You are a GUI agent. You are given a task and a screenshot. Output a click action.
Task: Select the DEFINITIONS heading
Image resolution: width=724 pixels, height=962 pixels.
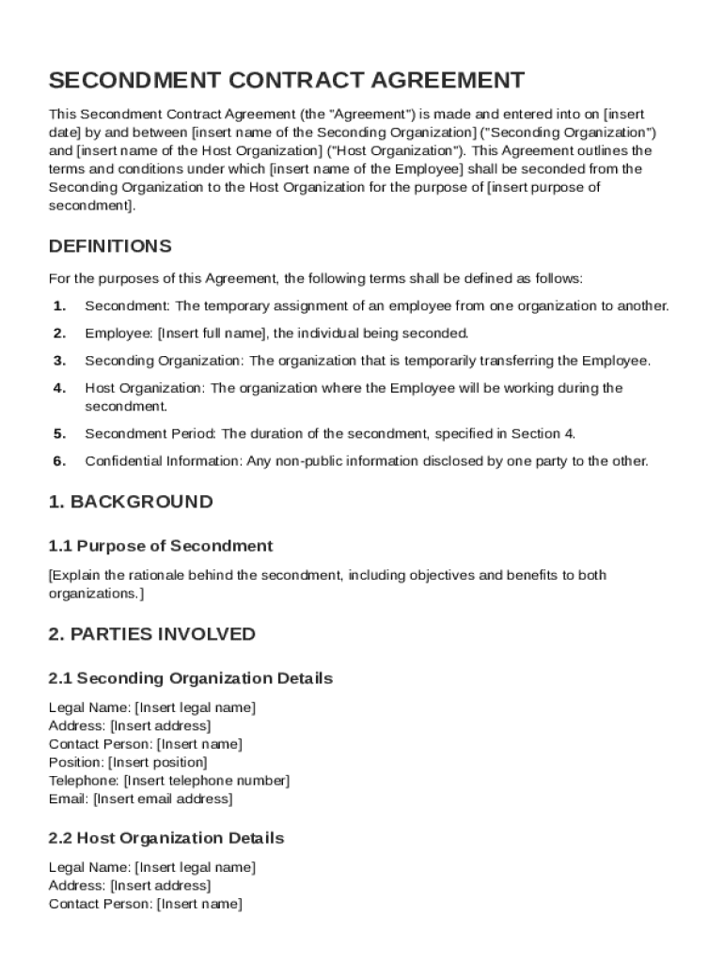click(110, 247)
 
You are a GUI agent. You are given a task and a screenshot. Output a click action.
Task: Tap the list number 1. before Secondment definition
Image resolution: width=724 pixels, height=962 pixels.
click(59, 306)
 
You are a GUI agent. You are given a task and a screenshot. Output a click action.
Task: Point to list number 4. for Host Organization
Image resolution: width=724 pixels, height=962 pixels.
click(59, 388)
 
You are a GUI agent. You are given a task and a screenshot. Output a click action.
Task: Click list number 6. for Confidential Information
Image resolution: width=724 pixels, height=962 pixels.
click(59, 461)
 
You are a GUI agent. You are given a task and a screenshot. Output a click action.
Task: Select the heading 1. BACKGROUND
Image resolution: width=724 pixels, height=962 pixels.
click(131, 502)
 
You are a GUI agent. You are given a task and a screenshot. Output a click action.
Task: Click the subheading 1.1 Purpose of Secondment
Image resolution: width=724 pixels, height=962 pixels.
click(161, 546)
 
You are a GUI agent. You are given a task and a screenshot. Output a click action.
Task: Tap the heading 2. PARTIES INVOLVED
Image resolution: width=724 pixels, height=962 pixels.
click(151, 634)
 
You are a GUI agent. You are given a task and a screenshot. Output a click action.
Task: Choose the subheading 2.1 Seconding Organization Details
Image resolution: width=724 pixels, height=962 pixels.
click(190, 678)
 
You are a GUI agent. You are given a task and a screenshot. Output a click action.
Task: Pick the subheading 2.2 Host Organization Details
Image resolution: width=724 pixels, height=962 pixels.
click(165, 838)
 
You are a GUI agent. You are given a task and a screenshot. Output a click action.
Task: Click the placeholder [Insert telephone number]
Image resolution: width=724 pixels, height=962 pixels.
click(207, 781)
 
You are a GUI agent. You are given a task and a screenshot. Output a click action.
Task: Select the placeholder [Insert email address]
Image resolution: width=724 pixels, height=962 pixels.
click(163, 799)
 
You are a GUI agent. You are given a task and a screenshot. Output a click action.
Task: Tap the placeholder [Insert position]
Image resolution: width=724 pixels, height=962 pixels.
click(158, 762)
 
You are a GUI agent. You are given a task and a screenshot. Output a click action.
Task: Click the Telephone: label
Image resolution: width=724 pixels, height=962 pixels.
click(84, 781)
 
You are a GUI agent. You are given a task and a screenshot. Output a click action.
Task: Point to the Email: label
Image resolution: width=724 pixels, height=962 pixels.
click(69, 799)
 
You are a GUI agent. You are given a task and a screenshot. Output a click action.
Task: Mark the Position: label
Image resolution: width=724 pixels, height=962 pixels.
click(76, 762)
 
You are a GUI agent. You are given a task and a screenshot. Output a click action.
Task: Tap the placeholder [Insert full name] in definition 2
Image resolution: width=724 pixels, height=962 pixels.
click(212, 334)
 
